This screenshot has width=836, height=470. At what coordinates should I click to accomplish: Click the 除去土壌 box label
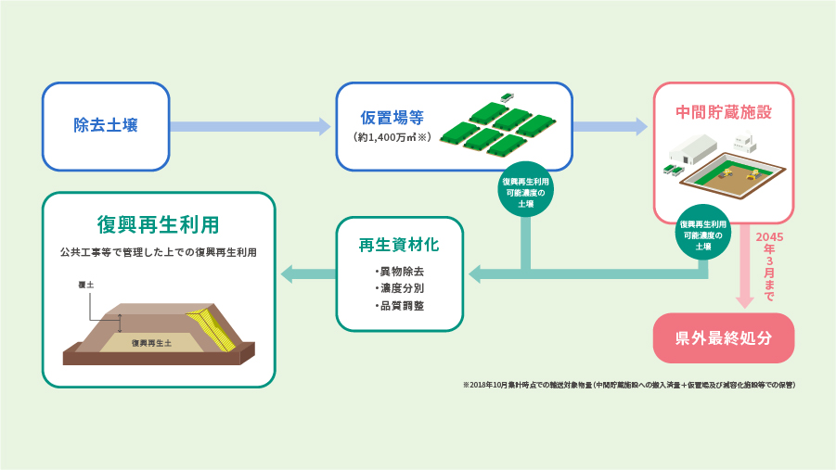pos(106,125)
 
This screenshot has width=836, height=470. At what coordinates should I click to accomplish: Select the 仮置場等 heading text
pos(392,118)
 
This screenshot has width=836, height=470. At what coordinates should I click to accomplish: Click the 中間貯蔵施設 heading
pos(724,111)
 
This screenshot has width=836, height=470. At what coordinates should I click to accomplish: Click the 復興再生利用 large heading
pos(158,225)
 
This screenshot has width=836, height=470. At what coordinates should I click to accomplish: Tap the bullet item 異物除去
pos(400,272)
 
